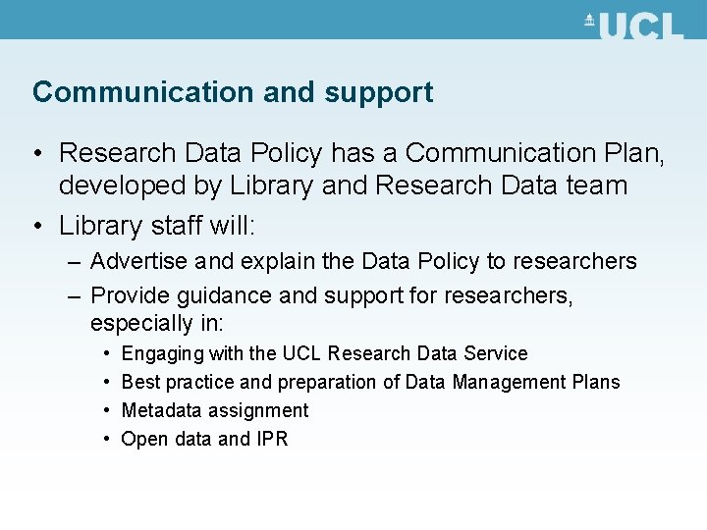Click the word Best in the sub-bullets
coord(140,382)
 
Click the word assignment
coord(258,411)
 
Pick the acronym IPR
coord(272,439)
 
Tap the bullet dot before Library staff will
coord(36,226)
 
